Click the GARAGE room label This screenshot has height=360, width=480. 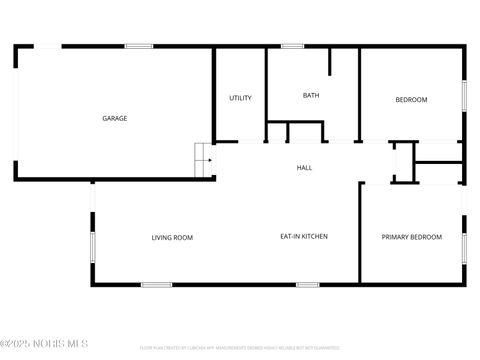[x=114, y=118]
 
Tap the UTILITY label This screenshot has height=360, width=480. [x=240, y=98]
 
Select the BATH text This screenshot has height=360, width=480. [x=311, y=96]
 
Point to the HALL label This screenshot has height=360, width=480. [x=304, y=168]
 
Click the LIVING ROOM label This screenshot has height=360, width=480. [x=172, y=237]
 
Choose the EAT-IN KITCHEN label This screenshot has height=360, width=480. [x=303, y=237]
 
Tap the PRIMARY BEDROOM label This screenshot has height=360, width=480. [x=411, y=237]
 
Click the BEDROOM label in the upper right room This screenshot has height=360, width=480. [x=411, y=99]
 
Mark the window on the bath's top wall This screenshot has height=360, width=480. [x=292, y=46]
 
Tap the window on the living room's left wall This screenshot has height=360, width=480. [x=93, y=246]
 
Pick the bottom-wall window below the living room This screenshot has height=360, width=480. [x=156, y=285]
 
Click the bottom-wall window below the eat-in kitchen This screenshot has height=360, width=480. [x=308, y=285]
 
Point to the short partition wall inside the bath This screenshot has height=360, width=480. [x=329, y=62]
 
